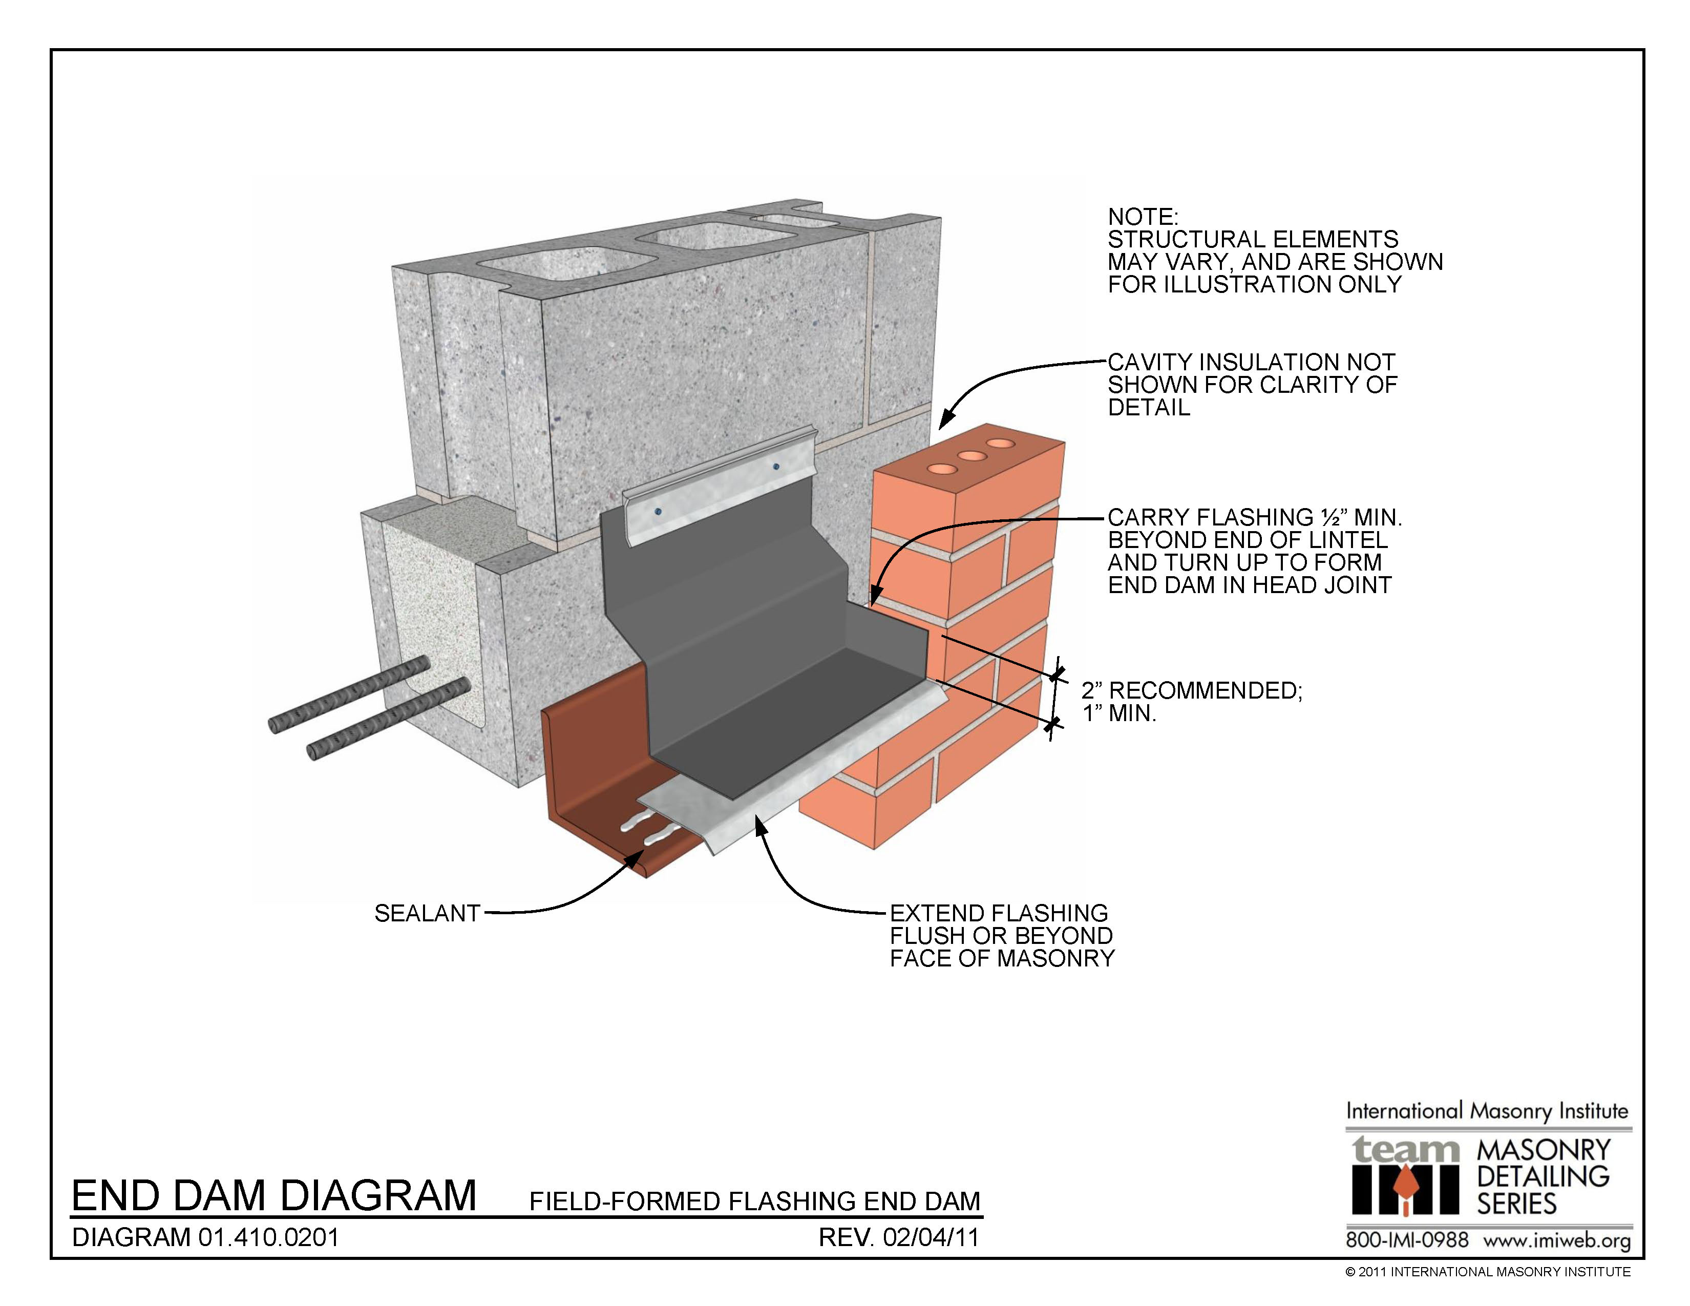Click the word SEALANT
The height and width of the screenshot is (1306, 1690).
coord(427,913)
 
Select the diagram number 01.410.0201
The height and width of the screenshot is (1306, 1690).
coord(268,1237)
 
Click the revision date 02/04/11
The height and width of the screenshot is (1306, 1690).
coord(931,1237)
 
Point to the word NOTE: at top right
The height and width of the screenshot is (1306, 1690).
coord(1143,217)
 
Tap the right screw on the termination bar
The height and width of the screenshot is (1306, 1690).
coord(774,467)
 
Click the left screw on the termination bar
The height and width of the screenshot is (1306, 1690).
coord(657,512)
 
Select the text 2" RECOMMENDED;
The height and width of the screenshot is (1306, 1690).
coord(1192,690)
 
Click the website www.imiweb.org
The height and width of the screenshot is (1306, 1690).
coord(1556,1240)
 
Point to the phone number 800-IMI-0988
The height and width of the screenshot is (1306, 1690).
coord(1407,1239)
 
